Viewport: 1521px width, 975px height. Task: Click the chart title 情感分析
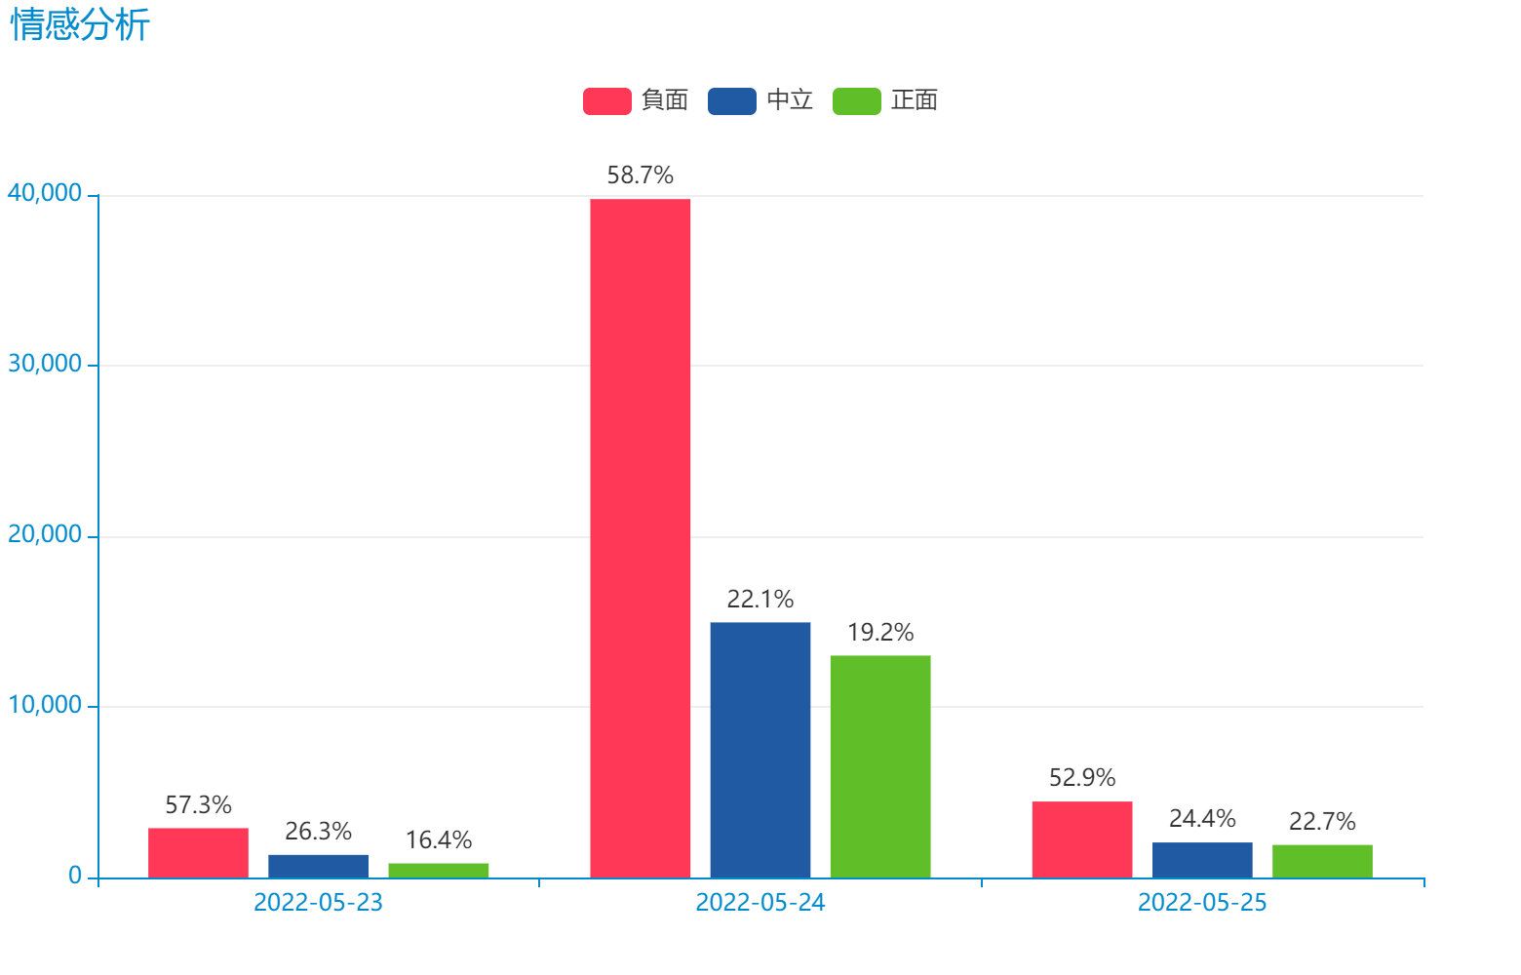[x=80, y=26]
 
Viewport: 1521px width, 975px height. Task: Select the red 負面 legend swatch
[x=606, y=101]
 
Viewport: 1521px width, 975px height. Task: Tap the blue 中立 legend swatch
[x=731, y=101]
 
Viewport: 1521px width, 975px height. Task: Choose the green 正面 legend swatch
[x=856, y=101]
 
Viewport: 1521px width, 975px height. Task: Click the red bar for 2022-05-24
[x=641, y=537]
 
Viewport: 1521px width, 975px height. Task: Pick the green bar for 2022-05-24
[x=880, y=765]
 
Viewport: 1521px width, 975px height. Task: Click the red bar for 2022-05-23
[x=198, y=852]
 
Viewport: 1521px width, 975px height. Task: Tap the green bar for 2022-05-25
[x=1322, y=860]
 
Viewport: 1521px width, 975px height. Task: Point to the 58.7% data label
[x=641, y=175]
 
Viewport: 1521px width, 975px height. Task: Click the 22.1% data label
[x=760, y=599]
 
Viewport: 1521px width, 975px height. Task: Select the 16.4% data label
[x=439, y=839]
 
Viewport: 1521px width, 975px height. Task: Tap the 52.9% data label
[x=1082, y=777]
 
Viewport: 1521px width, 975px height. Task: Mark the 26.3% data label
[x=318, y=831]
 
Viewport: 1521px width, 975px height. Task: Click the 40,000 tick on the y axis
[x=45, y=194]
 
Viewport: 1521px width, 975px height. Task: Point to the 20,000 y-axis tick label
[x=45, y=535]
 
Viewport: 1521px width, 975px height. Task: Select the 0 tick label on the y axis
[x=75, y=877]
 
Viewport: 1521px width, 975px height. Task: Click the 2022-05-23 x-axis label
[x=318, y=903]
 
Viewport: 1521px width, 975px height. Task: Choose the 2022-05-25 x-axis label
[x=1202, y=903]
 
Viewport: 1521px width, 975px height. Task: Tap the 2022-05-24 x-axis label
[x=760, y=903]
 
